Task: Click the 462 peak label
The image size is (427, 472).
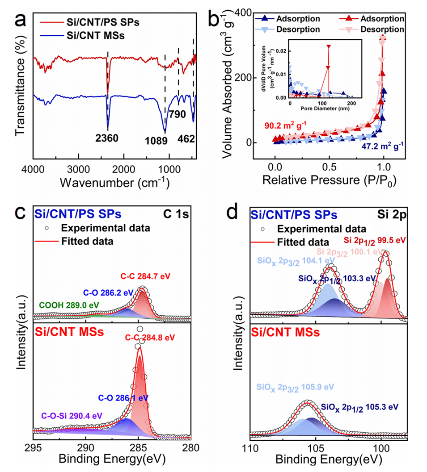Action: coord(186,139)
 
